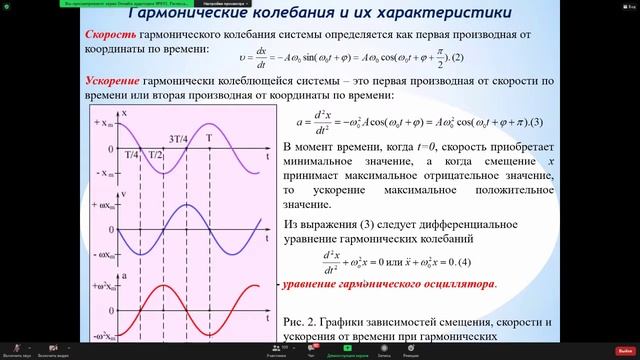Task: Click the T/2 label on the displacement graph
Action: [155, 156]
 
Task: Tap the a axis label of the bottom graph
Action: [121, 272]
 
